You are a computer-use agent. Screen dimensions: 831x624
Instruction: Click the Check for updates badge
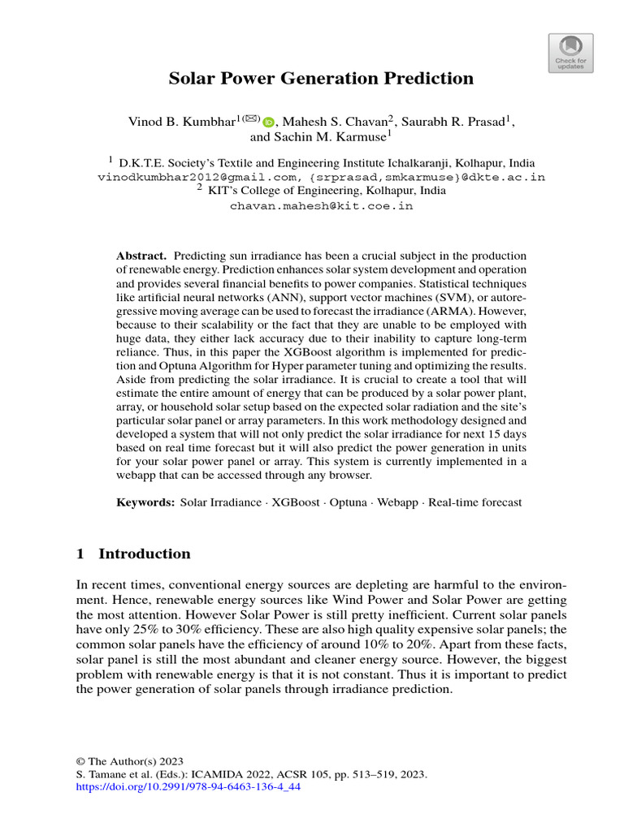[571, 54]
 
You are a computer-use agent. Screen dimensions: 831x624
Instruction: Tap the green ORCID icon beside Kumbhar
[268, 123]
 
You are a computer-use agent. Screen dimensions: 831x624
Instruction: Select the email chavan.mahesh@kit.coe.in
[322, 206]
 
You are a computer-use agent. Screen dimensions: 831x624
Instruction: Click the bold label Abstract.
[141, 256]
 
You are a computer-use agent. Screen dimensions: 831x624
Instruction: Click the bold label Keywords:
[145, 502]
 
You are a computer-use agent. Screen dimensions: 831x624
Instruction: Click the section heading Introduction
[144, 554]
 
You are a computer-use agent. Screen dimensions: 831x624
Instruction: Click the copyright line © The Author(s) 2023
[130, 761]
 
